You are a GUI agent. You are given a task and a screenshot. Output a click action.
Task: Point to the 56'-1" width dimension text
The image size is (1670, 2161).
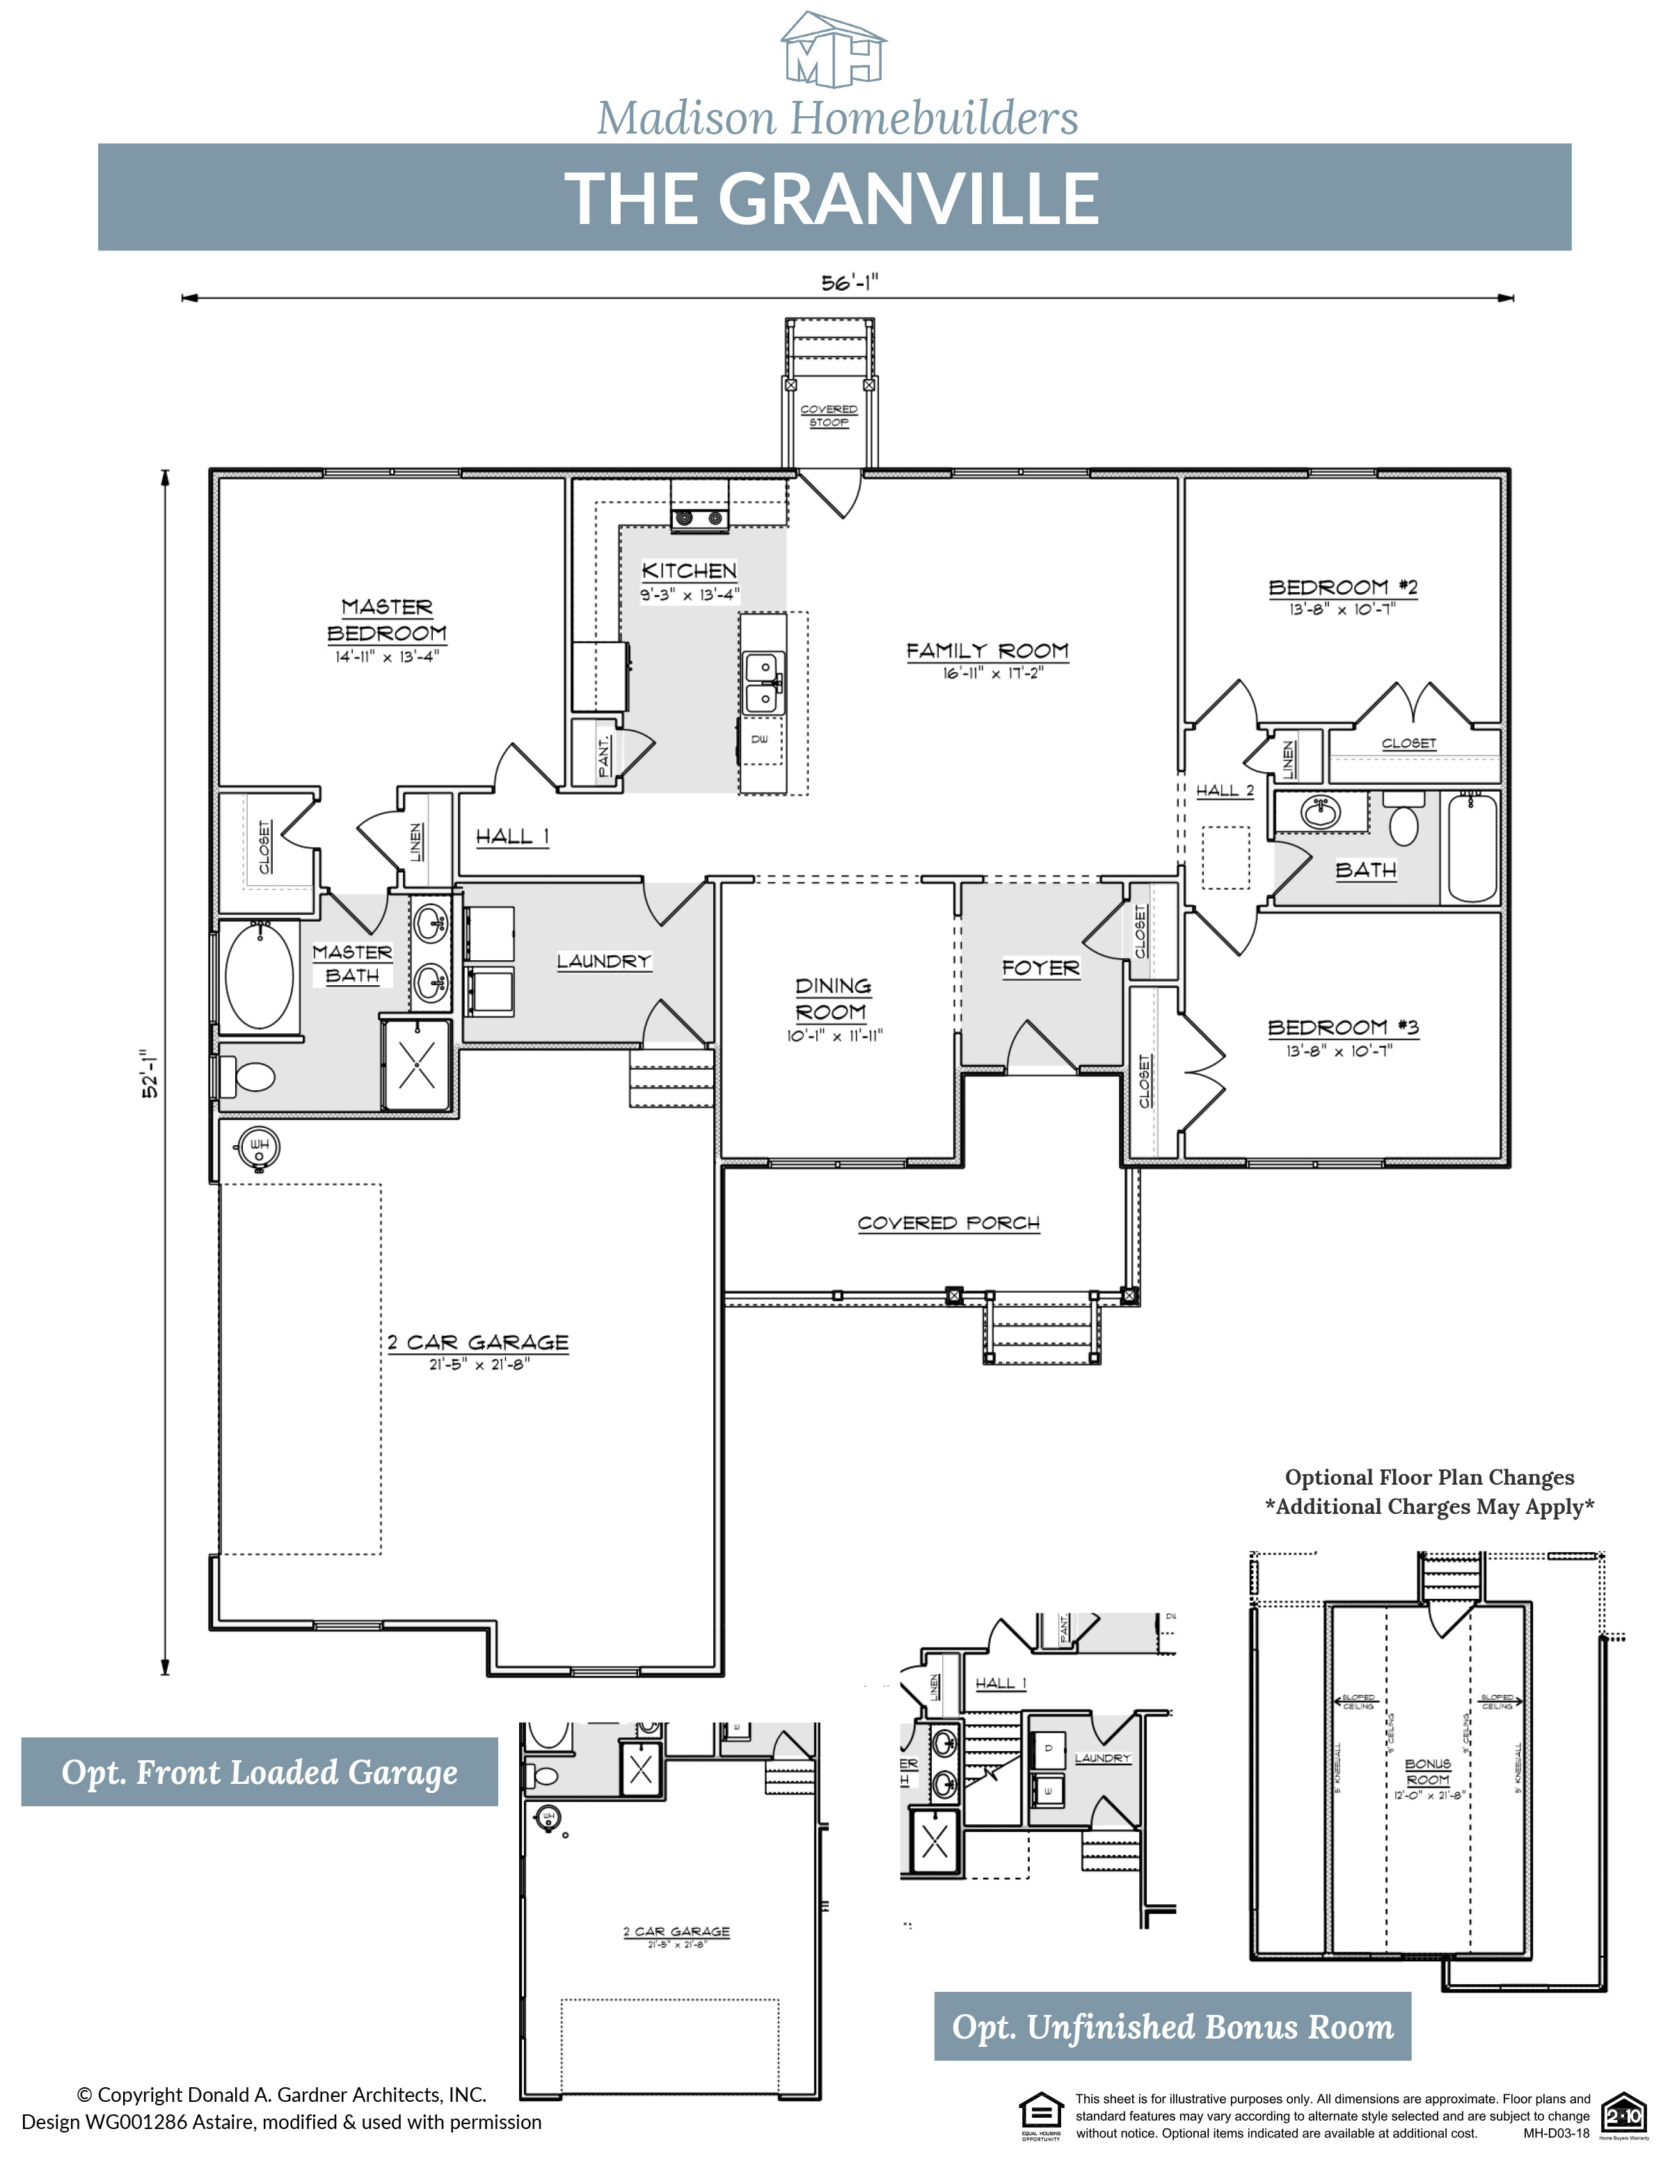(x=849, y=283)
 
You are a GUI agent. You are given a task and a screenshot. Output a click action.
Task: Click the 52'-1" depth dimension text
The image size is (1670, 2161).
(x=150, y=1074)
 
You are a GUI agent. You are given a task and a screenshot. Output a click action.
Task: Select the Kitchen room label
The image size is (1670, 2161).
(x=690, y=571)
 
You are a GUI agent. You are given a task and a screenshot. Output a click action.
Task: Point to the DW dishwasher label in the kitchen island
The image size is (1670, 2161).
(x=760, y=739)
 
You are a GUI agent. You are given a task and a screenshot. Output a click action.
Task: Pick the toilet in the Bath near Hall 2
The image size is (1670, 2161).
(x=1405, y=823)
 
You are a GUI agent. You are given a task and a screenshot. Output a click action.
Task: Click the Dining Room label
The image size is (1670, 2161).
(x=833, y=999)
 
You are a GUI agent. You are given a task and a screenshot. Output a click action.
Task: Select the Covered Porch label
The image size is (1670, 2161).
(x=949, y=1224)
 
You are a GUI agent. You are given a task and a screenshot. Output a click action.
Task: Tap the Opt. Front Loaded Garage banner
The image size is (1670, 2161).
(x=260, y=1772)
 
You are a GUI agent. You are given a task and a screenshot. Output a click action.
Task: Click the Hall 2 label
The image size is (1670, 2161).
(x=1225, y=790)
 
